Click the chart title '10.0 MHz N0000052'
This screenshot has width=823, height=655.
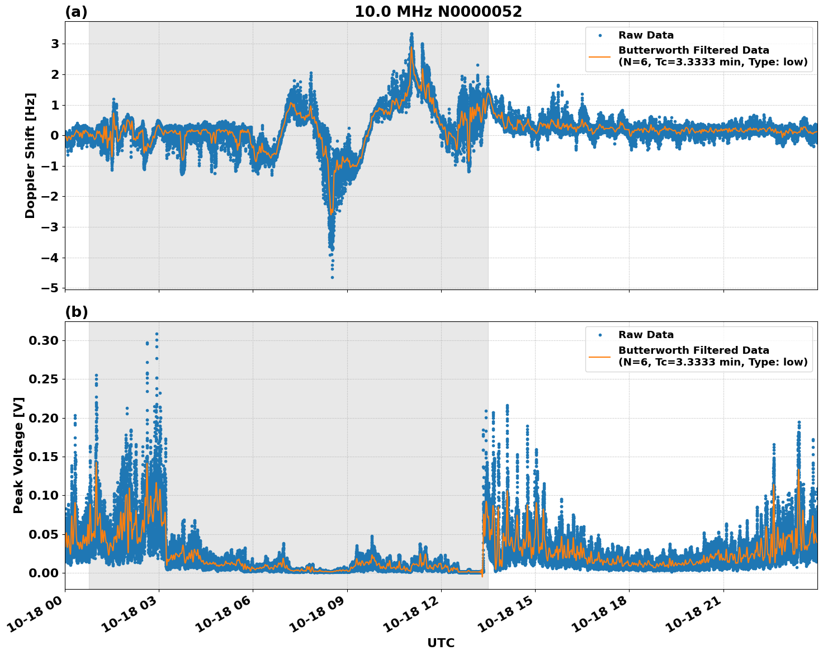pos(438,12)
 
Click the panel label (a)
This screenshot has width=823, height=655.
pos(76,12)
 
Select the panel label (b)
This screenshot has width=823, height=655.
pos(76,312)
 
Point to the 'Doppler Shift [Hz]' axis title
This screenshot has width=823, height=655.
pos(30,155)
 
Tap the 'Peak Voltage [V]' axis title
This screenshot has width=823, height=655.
pos(18,455)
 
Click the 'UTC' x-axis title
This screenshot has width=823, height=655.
pos(441,643)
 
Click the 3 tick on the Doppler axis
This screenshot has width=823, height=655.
pos(55,44)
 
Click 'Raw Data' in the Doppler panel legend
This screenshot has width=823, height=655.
pos(646,35)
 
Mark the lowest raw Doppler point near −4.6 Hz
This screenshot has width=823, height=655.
pos(332,277)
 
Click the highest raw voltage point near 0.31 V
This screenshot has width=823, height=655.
pos(157,334)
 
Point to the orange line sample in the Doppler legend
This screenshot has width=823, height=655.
pos(600,56)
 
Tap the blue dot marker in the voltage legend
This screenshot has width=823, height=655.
pos(600,335)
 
